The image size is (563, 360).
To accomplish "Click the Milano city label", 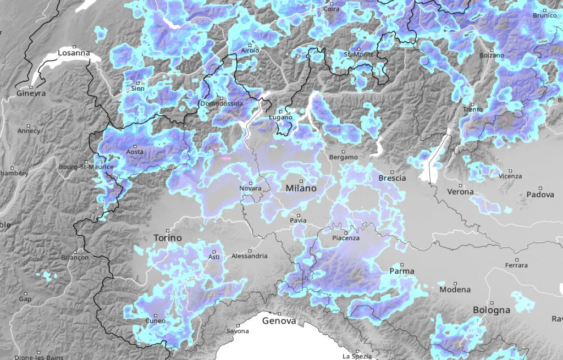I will click(x=301, y=188).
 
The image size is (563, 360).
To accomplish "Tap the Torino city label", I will click(x=166, y=239).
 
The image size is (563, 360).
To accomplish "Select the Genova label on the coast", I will click(x=279, y=320).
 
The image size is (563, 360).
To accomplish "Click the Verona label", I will click(x=460, y=192).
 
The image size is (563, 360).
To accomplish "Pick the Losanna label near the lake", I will click(x=74, y=53).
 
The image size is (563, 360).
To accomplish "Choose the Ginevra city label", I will click(x=31, y=93).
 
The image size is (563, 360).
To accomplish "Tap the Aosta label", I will click(x=135, y=152).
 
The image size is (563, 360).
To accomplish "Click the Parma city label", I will click(x=401, y=271).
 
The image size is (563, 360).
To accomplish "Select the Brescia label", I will click(x=392, y=178).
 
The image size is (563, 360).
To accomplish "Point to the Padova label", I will click(x=540, y=195).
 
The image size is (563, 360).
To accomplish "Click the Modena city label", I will click(x=455, y=290).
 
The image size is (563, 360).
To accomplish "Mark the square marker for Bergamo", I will click(x=344, y=151).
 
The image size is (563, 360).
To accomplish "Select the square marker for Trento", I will click(x=472, y=103).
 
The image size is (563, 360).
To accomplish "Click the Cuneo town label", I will click(x=154, y=320).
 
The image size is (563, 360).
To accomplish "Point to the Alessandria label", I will click(x=250, y=256).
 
